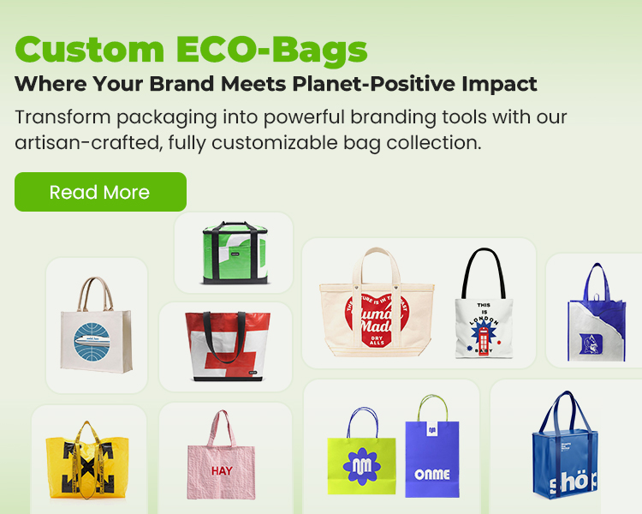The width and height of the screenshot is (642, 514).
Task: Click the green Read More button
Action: pos(100,192)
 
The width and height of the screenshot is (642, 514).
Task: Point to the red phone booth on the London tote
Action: pos(485,342)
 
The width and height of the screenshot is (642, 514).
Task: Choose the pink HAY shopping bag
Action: pos(223,459)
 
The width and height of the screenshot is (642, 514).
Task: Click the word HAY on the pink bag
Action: pos(222,471)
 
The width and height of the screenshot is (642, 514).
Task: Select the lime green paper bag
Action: pos(361,463)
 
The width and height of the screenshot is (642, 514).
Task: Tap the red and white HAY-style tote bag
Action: pos(227,343)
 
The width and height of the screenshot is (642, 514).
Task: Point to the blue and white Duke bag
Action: pos(597,317)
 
